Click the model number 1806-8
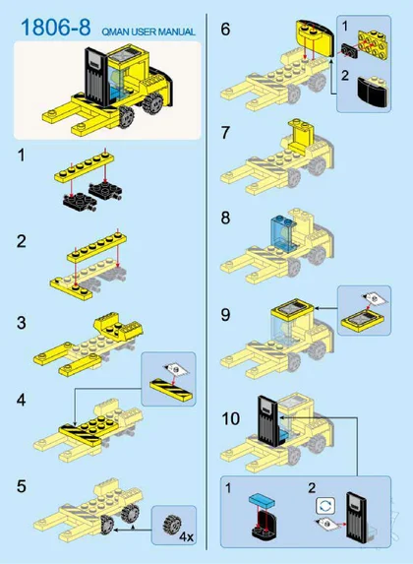[56, 28]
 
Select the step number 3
[22, 323]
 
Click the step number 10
[230, 418]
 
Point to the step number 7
[225, 132]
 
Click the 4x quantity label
[186, 537]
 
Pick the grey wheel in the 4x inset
[172, 525]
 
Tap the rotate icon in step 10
[325, 506]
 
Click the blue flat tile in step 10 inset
[262, 500]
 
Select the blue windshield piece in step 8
[282, 231]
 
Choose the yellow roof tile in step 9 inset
[362, 321]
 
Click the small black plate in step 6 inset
[348, 51]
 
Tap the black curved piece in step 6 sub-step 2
[374, 92]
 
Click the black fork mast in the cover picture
[96, 76]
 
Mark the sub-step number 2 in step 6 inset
[345, 75]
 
